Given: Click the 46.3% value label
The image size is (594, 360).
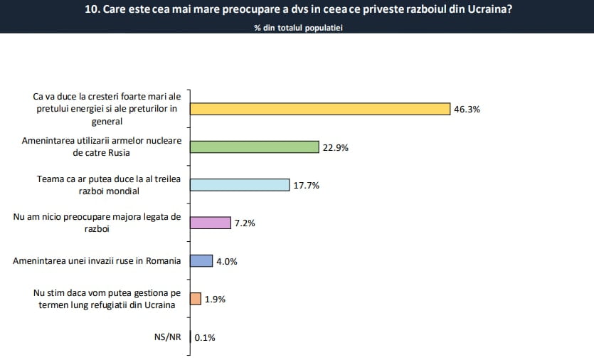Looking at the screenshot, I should coord(467,110).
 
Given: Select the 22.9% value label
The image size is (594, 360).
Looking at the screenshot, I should coord(335,147).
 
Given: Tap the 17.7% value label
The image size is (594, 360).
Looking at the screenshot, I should coord(307,186).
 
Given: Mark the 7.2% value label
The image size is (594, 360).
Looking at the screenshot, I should coord(245,223).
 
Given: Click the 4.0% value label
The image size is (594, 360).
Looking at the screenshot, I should coord(226,261).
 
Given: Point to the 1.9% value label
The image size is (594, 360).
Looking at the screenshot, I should coord(215,300).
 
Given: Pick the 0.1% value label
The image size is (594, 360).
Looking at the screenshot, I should coord(205,337).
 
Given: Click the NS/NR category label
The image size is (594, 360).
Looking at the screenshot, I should coord(169,337).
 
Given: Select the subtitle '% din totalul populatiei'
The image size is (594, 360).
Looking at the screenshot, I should coord(298,28).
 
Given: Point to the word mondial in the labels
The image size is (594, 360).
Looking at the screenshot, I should coord(122,191).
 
